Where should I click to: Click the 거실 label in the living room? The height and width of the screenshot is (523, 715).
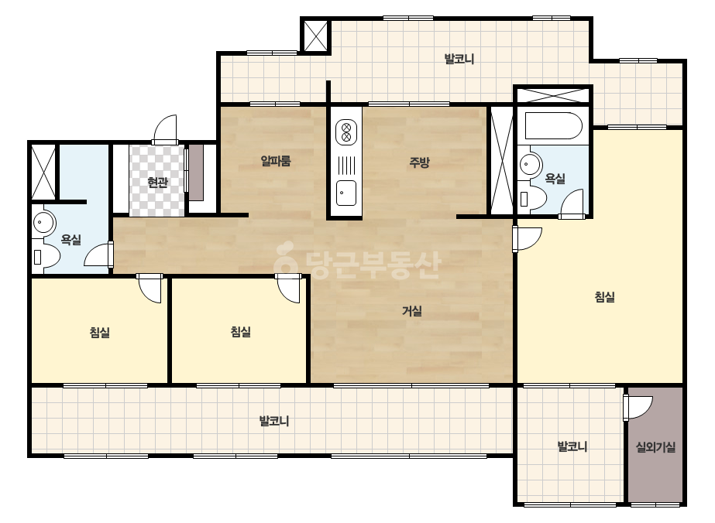tap(412, 311)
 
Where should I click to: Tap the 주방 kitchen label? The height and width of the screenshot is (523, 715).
tap(419, 162)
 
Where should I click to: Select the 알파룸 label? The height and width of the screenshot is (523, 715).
tap(276, 161)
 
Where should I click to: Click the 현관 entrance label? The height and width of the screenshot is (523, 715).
tap(157, 183)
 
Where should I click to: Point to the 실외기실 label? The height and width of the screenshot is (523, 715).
tap(655, 447)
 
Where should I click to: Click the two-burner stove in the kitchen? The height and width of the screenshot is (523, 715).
tap(346, 132)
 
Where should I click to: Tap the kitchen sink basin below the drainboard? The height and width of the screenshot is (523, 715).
tap(346, 193)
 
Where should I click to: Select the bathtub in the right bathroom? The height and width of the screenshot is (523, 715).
tap(553, 126)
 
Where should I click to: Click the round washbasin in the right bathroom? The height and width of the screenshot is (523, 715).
tap(529, 163)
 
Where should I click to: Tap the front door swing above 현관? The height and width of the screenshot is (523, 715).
tap(165, 130)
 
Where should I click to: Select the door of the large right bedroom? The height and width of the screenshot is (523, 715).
tap(527, 239)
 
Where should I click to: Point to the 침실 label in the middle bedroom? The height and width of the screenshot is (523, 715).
tap(240, 332)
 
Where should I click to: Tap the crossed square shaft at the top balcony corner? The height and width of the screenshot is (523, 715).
tap(315, 36)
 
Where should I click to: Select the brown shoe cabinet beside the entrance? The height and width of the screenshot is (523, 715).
tap(196, 173)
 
